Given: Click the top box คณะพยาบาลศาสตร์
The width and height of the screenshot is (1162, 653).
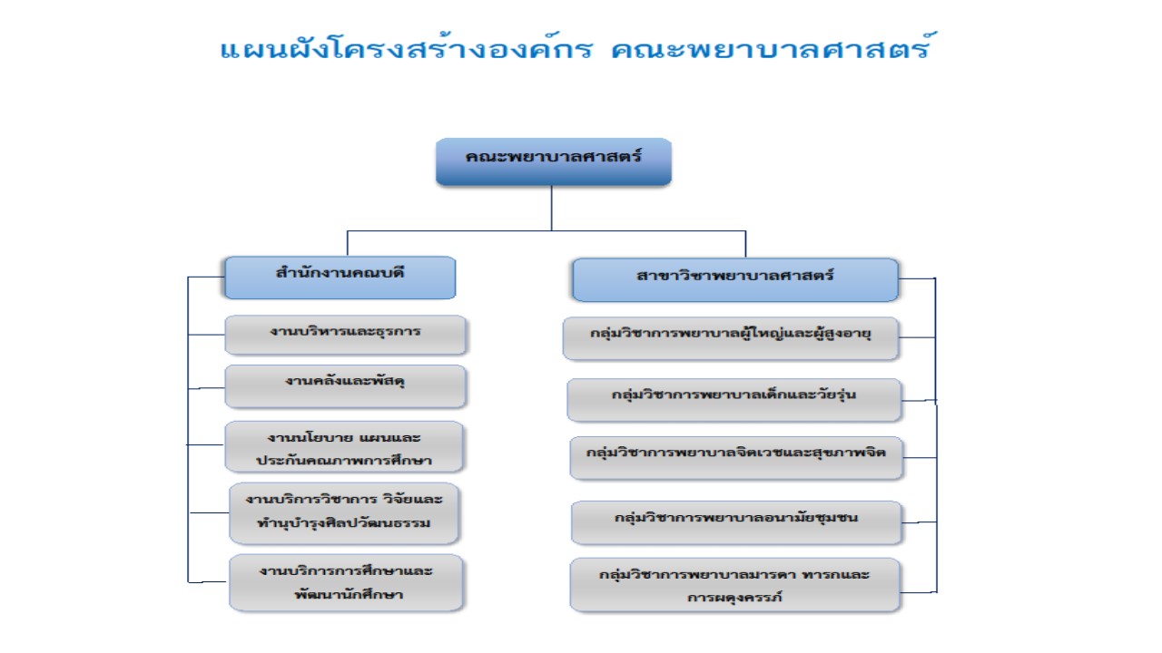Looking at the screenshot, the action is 554,161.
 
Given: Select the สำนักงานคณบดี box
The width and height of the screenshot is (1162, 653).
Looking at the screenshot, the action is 340,278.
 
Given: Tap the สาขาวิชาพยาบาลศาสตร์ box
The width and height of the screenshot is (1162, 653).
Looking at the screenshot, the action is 735,280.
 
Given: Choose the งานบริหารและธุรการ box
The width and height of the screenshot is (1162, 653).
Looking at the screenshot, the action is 346,335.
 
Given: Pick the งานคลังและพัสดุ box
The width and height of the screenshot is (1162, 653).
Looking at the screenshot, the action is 346,386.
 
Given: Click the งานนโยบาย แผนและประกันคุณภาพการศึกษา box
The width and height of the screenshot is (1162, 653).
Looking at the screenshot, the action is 344,447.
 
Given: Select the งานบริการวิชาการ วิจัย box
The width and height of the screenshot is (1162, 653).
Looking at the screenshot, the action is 344,513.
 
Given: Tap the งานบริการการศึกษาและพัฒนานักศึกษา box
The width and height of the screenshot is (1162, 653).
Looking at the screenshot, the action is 346,582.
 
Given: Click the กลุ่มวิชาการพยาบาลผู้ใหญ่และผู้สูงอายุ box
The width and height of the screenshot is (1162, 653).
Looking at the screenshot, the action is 731,338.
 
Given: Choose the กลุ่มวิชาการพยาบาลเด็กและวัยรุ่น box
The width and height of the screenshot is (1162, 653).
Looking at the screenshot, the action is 734,400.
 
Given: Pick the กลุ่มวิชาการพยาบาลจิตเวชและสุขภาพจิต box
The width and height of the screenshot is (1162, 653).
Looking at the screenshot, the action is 736,458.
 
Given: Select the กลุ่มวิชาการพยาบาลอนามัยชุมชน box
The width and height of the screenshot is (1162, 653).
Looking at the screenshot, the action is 736,522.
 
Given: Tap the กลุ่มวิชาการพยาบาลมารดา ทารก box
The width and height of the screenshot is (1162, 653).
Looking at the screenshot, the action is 734,585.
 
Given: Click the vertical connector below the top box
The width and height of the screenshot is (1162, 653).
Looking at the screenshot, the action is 551,208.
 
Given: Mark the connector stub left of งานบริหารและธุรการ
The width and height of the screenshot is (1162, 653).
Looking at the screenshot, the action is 206,335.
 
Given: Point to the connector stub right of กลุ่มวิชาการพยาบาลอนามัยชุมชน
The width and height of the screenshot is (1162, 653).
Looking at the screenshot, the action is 920,522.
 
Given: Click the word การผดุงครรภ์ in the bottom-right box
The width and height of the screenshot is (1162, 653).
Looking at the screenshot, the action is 734,598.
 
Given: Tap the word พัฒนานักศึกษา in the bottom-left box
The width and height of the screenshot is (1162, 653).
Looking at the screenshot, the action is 349,594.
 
